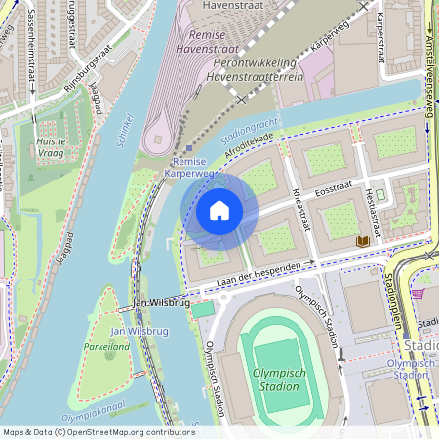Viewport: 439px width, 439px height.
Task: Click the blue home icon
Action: click(219, 210)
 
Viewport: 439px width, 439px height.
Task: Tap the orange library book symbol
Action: click(363, 240)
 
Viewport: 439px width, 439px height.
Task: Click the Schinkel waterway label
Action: click(123, 129)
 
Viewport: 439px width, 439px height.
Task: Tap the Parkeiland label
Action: click(106, 346)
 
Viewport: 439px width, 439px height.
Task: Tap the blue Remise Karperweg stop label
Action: click(189, 168)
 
